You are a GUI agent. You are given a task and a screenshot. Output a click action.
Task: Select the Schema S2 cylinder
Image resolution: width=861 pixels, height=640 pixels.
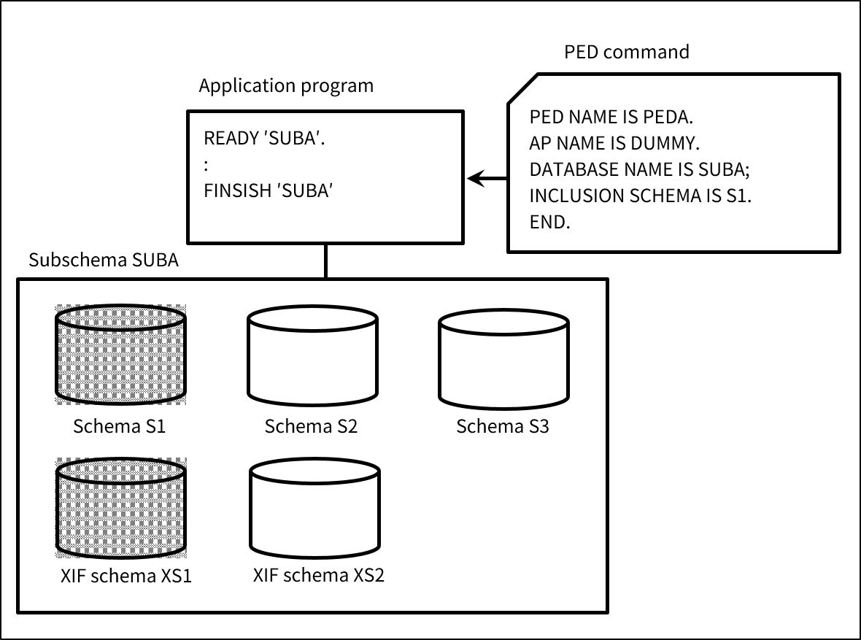[x=312, y=357]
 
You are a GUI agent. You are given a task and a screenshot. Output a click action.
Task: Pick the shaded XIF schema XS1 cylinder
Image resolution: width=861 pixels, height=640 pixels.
[x=120, y=508]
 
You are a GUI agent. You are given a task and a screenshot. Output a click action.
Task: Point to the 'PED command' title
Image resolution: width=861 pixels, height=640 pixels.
[x=627, y=53]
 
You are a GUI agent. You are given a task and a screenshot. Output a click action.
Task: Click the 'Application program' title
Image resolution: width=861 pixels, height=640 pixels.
[x=286, y=86]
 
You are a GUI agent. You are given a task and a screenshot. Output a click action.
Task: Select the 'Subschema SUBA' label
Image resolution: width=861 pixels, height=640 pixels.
[x=103, y=261]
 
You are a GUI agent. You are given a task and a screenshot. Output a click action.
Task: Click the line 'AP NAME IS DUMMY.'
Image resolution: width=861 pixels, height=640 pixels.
[x=615, y=143]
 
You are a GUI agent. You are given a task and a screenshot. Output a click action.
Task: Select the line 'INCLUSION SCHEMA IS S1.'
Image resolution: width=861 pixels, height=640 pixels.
[x=641, y=196]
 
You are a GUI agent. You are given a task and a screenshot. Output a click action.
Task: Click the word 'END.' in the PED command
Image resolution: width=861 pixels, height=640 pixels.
[x=549, y=223]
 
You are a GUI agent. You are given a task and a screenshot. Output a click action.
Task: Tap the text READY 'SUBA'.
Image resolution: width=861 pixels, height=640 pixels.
[x=264, y=139]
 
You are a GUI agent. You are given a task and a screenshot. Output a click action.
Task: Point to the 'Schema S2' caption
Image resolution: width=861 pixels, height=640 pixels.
[x=311, y=426]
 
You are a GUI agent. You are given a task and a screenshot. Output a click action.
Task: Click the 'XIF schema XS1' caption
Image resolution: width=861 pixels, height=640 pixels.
[x=126, y=576]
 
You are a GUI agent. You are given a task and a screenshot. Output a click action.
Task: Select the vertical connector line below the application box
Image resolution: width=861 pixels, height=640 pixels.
[x=325, y=261]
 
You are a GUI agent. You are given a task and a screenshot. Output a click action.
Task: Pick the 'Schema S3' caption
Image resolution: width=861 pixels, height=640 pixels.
[x=502, y=426]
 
